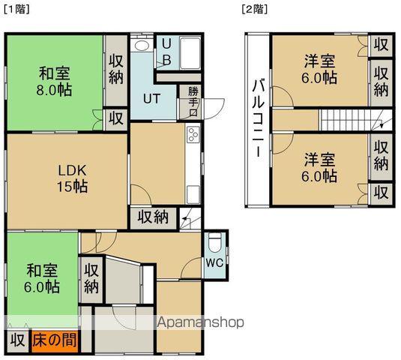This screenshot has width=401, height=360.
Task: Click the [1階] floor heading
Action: coord(16,10)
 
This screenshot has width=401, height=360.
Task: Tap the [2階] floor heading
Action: coord(255,10)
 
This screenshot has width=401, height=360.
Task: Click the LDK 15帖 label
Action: coord(72,177)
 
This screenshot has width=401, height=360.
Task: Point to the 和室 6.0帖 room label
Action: coord(43,278)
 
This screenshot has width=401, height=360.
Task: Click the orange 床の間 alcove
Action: coord(55,340)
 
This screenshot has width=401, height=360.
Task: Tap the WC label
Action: coord(214,264)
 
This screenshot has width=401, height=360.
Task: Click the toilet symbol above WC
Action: coord(214,244)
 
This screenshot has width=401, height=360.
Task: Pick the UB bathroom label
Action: coord(166,52)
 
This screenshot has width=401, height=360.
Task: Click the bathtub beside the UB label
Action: coord(189,52)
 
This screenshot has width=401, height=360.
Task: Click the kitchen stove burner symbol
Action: coord(192,136)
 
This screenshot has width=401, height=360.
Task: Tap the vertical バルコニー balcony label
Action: coord(256,118)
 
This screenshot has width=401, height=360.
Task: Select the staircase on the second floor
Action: coord(349,119)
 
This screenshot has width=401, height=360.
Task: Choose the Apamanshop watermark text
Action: coord(200,322)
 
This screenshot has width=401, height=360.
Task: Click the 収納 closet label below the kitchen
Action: coord(153,217)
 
